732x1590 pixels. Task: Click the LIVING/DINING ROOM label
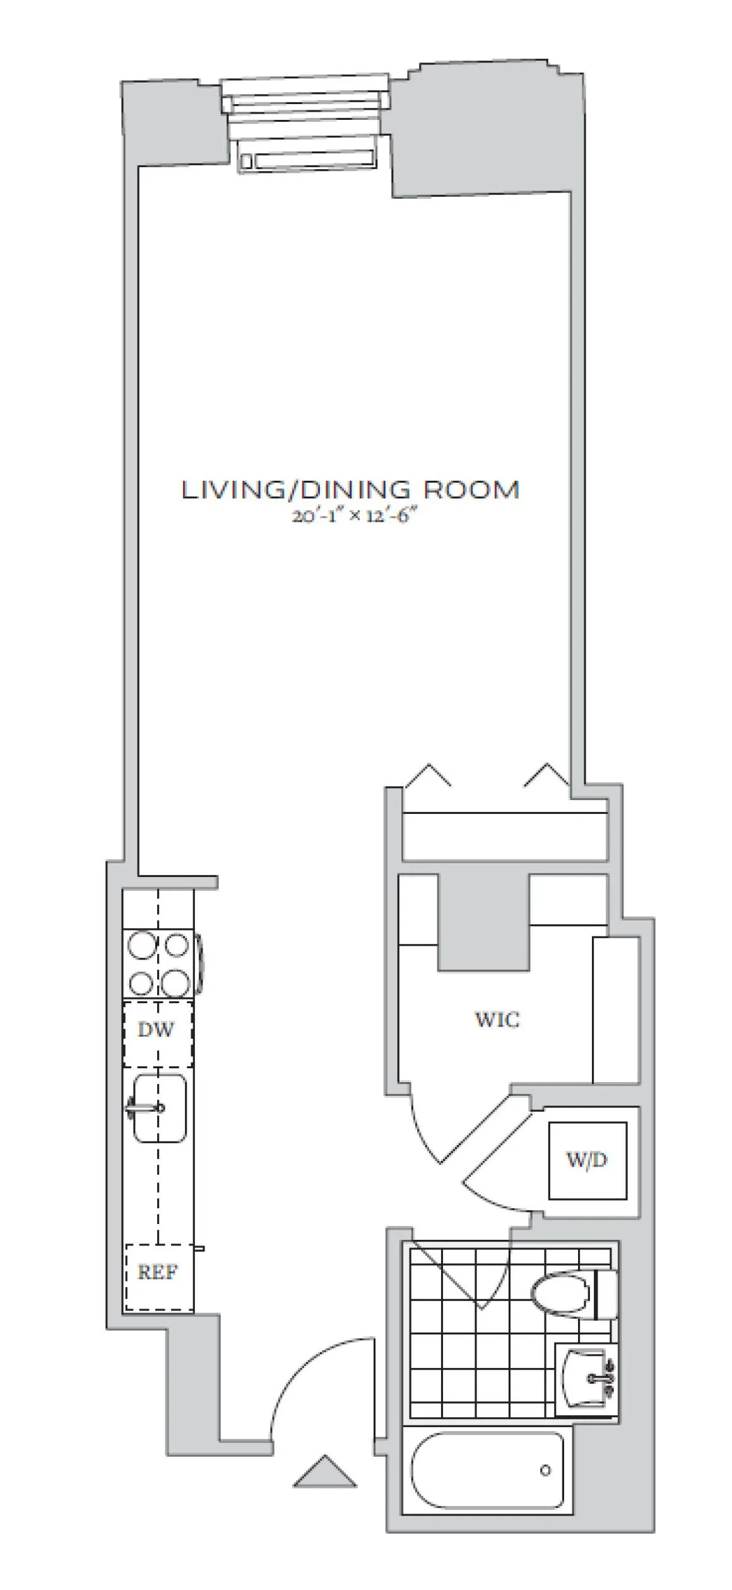pos(351,490)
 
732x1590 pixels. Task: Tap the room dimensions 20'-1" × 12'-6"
pos(355,517)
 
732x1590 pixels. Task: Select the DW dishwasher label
pos(155,1029)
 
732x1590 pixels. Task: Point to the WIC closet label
pos(497,1019)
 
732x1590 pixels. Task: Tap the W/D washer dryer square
pos(587,1160)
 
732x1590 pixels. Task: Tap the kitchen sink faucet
pos(146,1107)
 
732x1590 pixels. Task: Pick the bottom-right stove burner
pos(175,982)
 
